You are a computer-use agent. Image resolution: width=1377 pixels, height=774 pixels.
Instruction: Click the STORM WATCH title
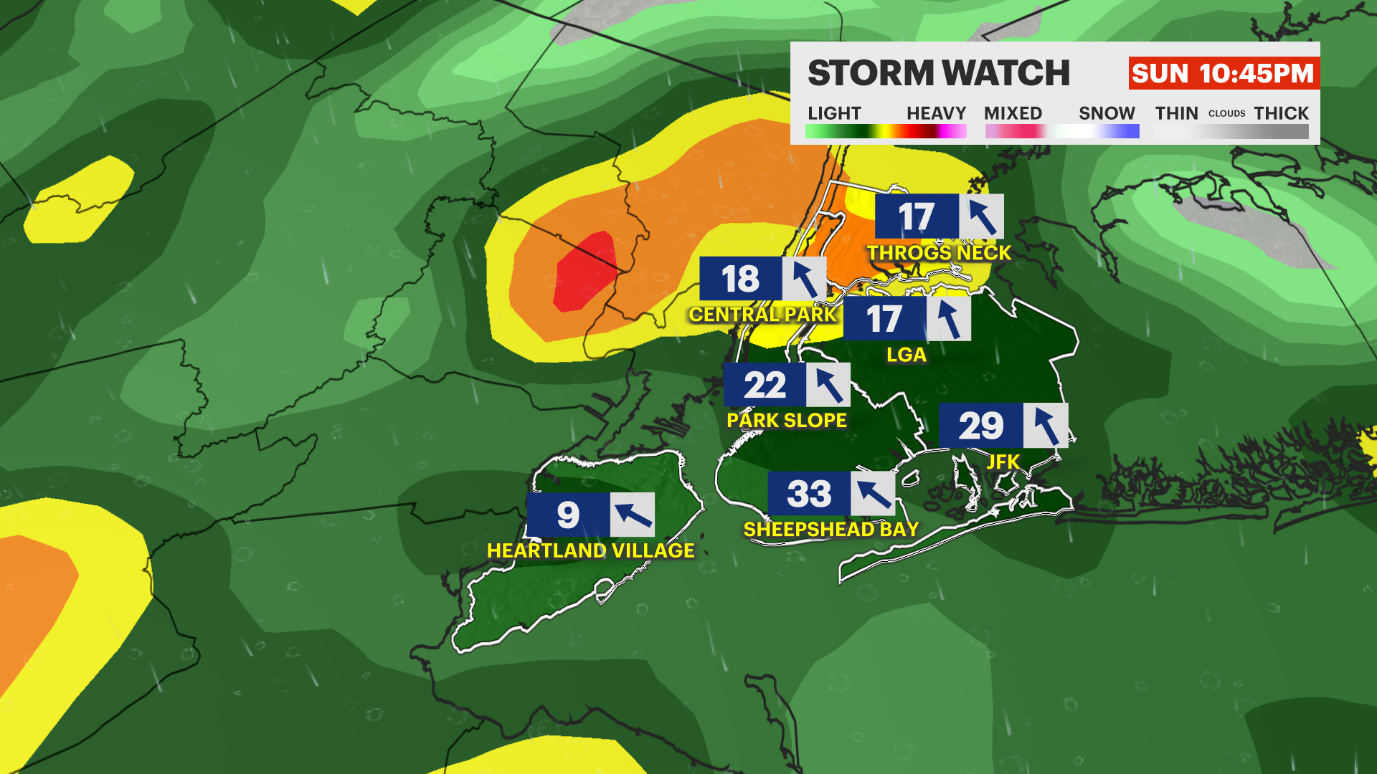click(938, 73)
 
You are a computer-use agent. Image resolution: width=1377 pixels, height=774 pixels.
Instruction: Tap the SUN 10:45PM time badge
click(1223, 73)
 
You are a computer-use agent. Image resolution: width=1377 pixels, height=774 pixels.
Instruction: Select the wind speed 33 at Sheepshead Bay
click(809, 494)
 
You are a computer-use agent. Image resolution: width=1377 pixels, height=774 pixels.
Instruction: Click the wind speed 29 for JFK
click(981, 426)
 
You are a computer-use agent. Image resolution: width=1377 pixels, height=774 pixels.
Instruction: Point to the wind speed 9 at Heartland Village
click(568, 515)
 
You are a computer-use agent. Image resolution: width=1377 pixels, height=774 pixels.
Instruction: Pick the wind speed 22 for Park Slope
click(765, 386)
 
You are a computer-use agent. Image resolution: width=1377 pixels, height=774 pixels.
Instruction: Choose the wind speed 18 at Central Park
click(740, 279)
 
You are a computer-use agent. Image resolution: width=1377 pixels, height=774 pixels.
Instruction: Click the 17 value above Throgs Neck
click(917, 216)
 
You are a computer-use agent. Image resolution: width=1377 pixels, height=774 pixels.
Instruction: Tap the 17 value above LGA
click(884, 319)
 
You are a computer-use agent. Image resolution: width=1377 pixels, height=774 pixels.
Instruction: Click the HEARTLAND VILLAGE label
click(590, 550)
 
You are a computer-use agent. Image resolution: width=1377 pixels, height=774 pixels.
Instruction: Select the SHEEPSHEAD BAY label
click(831, 530)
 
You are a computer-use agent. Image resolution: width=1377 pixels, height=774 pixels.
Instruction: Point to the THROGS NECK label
click(939, 253)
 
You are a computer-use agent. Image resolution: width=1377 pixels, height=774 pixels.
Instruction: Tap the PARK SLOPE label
click(787, 421)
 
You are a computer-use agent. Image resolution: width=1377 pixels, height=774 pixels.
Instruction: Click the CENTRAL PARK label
click(762, 315)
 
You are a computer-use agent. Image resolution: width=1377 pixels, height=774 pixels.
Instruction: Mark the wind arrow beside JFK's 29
click(1046, 426)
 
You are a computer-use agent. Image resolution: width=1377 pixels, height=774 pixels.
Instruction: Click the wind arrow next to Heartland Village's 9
click(633, 515)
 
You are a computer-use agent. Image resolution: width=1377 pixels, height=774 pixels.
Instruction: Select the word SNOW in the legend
click(1107, 113)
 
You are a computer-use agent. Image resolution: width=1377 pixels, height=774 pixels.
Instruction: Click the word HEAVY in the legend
click(936, 113)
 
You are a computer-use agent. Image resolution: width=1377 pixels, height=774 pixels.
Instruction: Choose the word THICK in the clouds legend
click(1281, 113)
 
